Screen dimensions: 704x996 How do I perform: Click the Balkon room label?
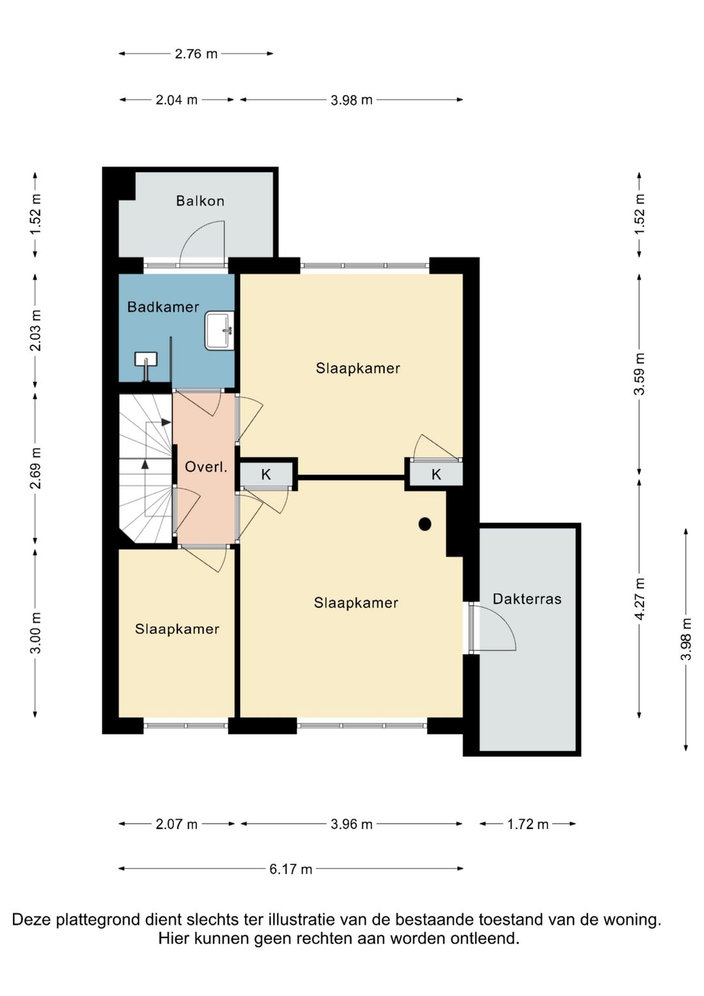click(200, 201)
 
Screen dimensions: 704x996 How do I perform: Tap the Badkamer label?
click(163, 307)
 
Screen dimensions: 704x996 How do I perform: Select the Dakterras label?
click(527, 599)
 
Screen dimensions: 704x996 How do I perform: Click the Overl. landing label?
click(206, 467)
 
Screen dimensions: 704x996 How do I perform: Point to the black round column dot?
click(425, 524)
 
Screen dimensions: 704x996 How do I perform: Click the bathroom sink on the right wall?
click(220, 331)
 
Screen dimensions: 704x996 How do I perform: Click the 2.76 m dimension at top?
click(196, 53)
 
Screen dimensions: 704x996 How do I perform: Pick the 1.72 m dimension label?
click(527, 824)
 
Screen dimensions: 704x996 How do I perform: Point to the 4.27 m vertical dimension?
click(639, 599)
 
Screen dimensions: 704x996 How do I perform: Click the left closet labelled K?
click(266, 474)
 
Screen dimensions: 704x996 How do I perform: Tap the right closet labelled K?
click(436, 474)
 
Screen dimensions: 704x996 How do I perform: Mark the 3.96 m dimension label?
click(351, 824)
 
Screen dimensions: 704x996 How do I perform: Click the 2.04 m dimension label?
click(176, 100)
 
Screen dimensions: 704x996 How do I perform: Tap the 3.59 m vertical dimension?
click(639, 374)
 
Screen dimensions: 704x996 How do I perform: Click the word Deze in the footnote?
click(31, 919)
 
